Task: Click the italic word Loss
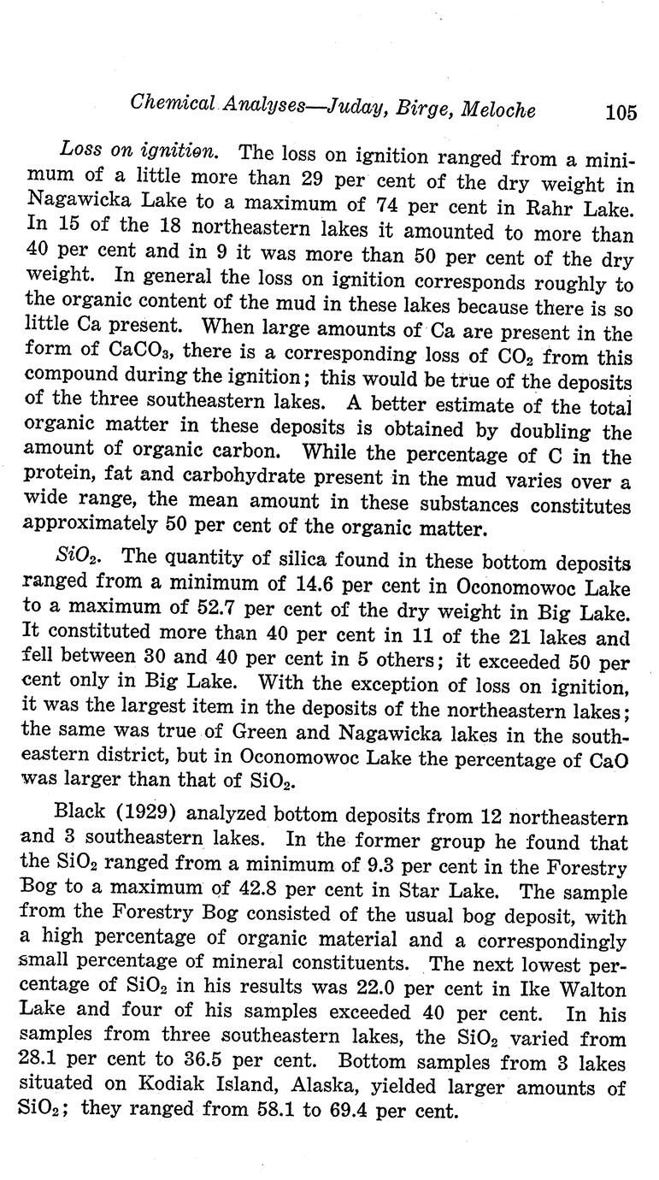pyautogui.click(x=80, y=152)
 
